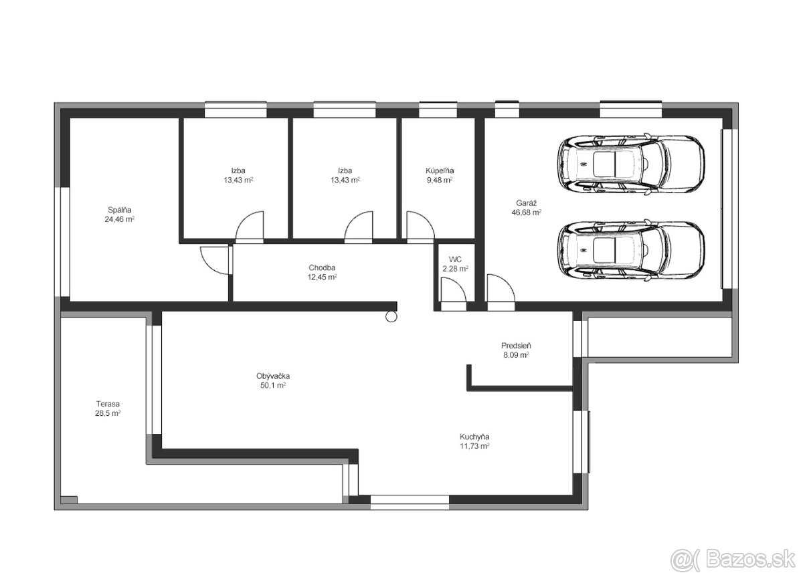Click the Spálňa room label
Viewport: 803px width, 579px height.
[120, 210]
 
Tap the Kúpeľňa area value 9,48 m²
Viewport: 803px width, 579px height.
[440, 180]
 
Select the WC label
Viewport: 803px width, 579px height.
[455, 259]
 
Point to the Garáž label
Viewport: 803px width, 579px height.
[526, 203]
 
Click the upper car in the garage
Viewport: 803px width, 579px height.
[631, 164]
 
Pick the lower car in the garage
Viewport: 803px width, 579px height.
[631, 251]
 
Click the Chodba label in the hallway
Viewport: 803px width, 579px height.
[322, 268]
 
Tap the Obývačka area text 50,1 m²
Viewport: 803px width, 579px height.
[273, 385]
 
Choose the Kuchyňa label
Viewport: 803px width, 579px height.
[474, 437]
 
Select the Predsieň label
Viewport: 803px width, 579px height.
[516, 346]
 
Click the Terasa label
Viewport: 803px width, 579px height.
[108, 404]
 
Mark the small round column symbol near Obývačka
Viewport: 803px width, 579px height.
[391, 316]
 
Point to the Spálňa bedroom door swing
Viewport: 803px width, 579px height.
[215, 260]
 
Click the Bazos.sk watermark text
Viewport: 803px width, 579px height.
[750, 560]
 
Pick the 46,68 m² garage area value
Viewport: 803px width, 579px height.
[526, 213]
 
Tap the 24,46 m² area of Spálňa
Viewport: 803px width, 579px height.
[119, 219]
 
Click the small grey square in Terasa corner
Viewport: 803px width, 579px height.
[69, 500]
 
